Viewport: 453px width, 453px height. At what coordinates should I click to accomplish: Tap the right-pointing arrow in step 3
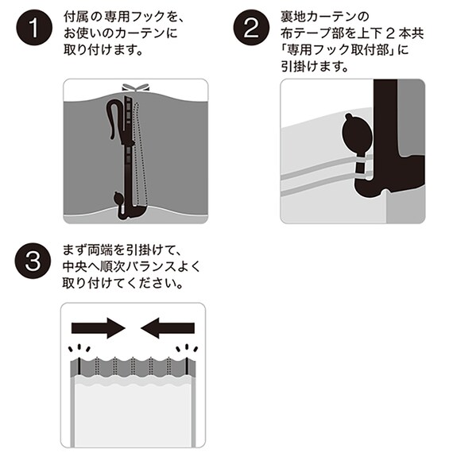pyautogui.click(x=98, y=327)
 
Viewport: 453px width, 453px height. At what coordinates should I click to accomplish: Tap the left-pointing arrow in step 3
pyautogui.click(x=168, y=327)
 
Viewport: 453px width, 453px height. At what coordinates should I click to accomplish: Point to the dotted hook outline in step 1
pyautogui.click(x=141, y=151)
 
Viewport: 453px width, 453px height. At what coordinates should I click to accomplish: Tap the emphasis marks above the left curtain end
pyautogui.click(x=79, y=349)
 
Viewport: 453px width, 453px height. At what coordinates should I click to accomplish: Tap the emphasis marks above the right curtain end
pyautogui.click(x=188, y=349)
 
